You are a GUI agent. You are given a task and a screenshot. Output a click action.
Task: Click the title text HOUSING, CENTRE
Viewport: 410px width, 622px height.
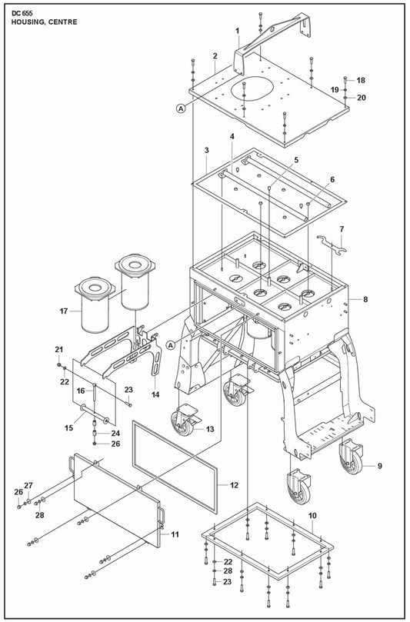[x=45, y=22]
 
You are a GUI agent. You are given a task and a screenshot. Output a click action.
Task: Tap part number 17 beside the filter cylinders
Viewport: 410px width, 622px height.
[x=64, y=311]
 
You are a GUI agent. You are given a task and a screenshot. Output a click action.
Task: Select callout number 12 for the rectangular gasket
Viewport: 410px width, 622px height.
[x=234, y=485]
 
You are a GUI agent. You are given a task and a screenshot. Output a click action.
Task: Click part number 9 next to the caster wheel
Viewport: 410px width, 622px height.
[x=380, y=466]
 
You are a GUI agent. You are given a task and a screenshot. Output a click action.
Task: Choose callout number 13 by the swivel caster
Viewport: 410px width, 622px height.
[x=210, y=429]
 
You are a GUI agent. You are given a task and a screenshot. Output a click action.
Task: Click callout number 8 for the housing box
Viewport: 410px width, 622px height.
[x=365, y=299]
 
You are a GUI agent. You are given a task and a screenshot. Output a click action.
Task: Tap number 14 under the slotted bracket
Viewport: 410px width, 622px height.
[x=155, y=394]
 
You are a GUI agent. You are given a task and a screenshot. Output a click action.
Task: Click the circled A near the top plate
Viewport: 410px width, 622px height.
[x=181, y=108]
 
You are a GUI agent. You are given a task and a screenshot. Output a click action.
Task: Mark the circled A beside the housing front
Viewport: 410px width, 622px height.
[x=171, y=345]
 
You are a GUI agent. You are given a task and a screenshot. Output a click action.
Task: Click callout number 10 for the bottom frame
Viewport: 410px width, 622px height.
[x=313, y=516]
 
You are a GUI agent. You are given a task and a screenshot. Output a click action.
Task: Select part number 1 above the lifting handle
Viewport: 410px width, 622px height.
[x=238, y=31]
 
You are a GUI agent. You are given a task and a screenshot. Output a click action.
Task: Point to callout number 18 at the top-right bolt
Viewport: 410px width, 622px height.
[x=361, y=81]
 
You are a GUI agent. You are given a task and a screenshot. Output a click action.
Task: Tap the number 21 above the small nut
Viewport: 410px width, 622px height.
[x=59, y=350]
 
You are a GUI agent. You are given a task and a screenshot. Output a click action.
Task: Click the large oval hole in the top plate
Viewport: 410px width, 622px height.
[x=252, y=88]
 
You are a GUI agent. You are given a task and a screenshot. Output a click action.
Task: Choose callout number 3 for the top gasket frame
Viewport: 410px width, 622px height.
[x=207, y=151]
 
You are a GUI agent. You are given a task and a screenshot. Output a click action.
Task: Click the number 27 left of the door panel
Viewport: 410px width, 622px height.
[x=28, y=486]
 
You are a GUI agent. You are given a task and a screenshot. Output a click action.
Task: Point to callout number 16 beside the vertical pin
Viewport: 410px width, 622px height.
[x=81, y=391]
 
